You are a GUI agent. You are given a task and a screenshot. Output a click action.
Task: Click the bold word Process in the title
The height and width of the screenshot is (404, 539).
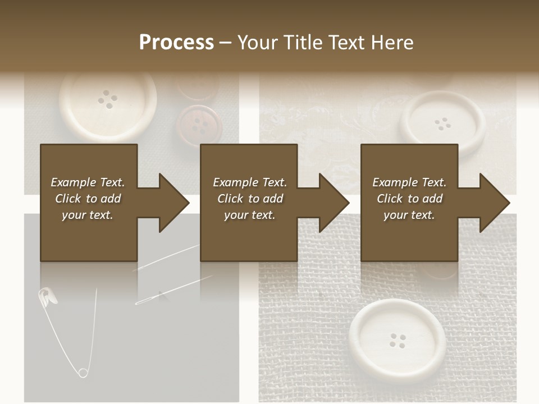tap(176, 43)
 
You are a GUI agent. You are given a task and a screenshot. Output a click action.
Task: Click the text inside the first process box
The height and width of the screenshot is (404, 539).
tap(88, 199)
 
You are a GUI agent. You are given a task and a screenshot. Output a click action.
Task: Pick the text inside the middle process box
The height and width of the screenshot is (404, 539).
tap(249, 199)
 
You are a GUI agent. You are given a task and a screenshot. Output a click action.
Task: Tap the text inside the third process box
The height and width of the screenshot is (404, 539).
tap(409, 199)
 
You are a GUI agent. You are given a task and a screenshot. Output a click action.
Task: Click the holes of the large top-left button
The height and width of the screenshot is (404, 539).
tap(108, 100)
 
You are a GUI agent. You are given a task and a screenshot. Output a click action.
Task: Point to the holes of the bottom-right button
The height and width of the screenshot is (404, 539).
tap(398, 340)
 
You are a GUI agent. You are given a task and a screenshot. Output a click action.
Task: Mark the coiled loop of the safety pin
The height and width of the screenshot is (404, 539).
tap(83, 372)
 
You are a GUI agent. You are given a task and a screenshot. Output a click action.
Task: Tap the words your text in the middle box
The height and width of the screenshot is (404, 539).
tap(249, 215)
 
